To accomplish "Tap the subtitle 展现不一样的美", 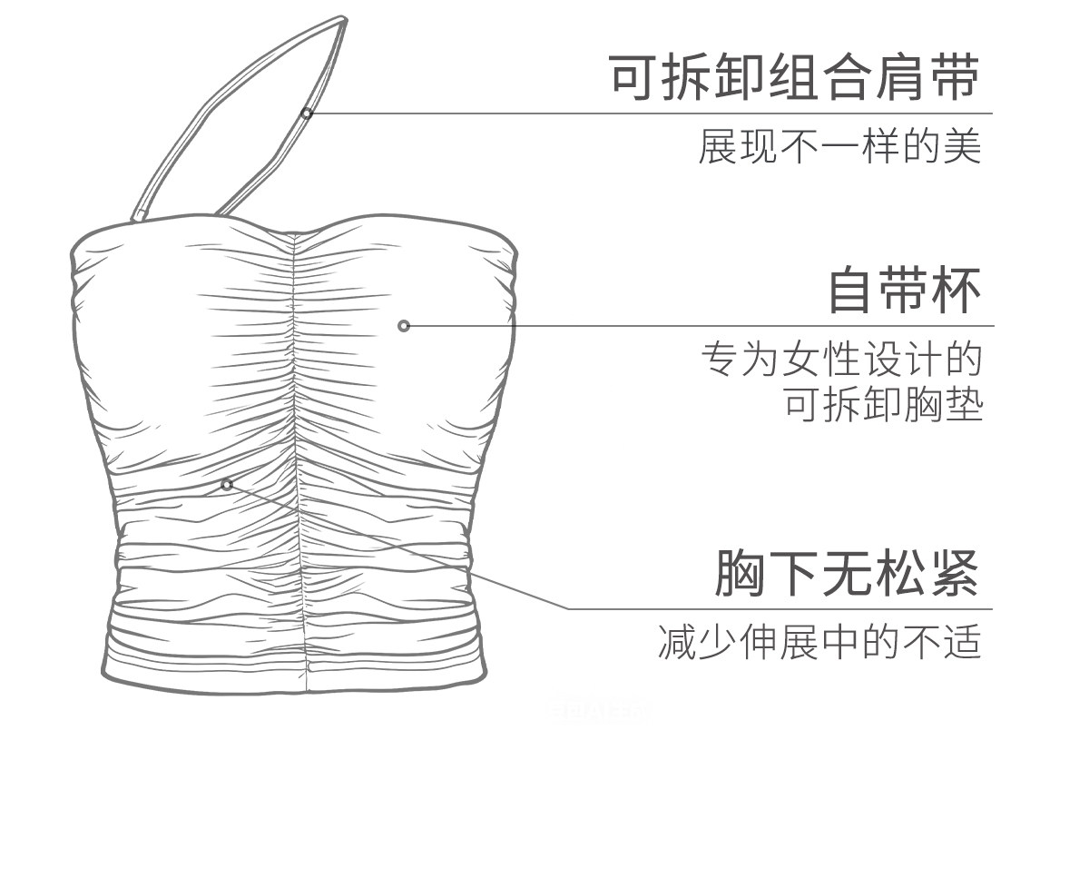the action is click(x=839, y=146).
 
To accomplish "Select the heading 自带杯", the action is click(x=904, y=291).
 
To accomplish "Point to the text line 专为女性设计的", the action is click(x=841, y=360).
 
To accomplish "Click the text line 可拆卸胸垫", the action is click(x=883, y=405).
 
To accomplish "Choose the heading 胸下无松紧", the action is click(x=847, y=573).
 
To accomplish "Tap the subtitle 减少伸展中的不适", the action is click(x=819, y=641).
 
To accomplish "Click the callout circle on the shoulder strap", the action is click(x=307, y=113).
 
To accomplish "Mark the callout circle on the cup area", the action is click(x=404, y=326).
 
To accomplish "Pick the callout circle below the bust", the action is click(x=227, y=485).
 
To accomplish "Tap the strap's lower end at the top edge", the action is click(x=139, y=216).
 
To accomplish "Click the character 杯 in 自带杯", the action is click(x=956, y=291).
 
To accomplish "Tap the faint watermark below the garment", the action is click(x=599, y=711).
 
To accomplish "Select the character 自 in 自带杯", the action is click(x=851, y=291).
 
